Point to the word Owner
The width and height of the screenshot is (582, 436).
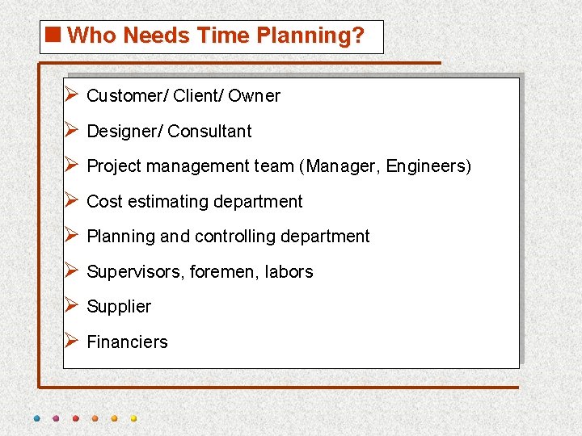254,96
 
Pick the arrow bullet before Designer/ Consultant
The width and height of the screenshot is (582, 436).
70,130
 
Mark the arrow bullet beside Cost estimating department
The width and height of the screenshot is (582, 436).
70,200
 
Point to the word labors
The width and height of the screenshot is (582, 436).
289,272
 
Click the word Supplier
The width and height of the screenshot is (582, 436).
119,307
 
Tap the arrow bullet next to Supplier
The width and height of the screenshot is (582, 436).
70,305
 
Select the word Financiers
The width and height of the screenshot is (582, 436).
127,342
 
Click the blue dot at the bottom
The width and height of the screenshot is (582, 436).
36,419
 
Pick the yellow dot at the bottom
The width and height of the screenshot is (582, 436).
133,419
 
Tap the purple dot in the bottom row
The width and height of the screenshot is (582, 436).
56,419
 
